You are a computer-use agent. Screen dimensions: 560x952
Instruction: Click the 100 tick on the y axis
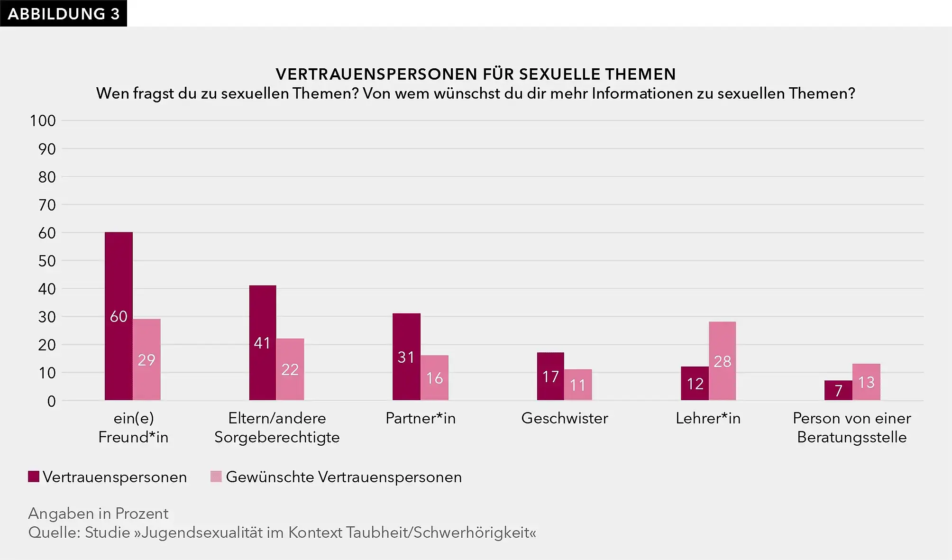pyautogui.click(x=43, y=120)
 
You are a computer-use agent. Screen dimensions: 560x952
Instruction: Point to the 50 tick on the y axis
pyautogui.click(x=47, y=261)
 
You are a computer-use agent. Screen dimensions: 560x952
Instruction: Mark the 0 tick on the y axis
pyautogui.click(x=51, y=401)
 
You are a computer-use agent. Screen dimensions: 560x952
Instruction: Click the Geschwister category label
pyautogui.click(x=565, y=418)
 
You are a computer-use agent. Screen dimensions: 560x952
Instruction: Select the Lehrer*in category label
pyautogui.click(x=708, y=418)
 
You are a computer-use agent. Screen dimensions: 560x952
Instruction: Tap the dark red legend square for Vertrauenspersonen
pyautogui.click(x=34, y=477)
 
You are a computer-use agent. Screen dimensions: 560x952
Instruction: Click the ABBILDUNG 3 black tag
pyautogui.click(x=64, y=13)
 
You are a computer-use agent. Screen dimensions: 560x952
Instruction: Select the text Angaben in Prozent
pyautogui.click(x=98, y=514)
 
